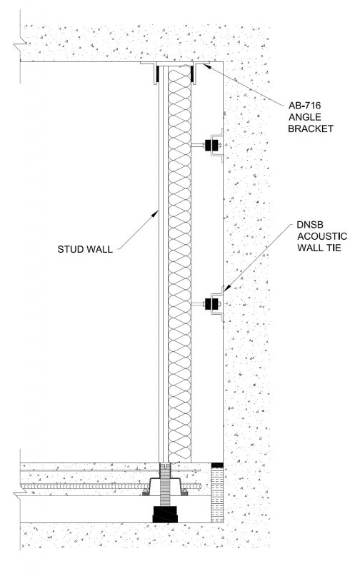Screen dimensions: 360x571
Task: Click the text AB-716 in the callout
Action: tap(304, 106)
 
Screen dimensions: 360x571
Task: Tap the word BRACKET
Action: tap(311, 128)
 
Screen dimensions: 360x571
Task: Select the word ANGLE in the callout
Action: tap(305, 117)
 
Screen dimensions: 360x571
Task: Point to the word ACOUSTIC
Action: tap(322, 236)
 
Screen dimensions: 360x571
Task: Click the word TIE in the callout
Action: tap(334, 248)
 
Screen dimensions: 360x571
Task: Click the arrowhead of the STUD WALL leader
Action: tap(156, 213)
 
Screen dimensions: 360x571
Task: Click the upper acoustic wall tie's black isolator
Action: tap(212, 146)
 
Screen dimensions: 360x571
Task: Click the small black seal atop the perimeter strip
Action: tap(217, 465)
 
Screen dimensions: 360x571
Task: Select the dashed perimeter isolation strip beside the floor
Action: tap(217, 495)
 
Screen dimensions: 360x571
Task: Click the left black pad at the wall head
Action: tap(158, 74)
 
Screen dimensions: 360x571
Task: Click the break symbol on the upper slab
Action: tap(21, 45)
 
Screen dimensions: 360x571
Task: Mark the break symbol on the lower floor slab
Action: tap(21, 493)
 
